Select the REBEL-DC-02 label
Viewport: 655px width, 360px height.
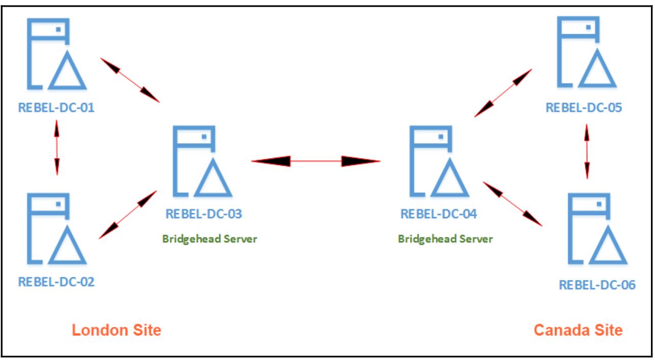coord(57,281)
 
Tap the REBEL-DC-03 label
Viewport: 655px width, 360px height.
coord(204,214)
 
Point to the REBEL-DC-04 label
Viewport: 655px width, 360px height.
coord(439,214)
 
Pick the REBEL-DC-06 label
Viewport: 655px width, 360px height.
coord(597,285)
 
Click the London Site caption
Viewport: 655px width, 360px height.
coord(116,330)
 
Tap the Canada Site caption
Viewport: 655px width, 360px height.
coord(578,330)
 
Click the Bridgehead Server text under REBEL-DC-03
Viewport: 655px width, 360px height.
coord(210,239)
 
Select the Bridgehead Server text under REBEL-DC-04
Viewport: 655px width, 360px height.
coord(446,239)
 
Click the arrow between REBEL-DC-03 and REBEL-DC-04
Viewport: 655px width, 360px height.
coord(316,161)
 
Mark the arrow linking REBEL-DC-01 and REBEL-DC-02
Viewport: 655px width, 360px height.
coord(57,146)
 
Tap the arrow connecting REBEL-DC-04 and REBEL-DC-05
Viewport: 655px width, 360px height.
coord(503,93)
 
